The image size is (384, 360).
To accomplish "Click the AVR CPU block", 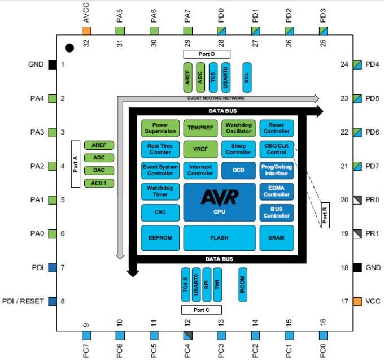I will click(220, 202).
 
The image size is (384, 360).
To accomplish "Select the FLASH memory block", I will click(220, 238).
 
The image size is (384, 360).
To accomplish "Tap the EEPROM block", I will click(160, 238).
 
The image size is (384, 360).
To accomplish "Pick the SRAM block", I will click(276, 238).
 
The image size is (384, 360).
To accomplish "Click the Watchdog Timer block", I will click(160, 191).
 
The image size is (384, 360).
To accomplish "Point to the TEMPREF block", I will click(200, 128).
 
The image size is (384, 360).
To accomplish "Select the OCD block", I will click(238, 170).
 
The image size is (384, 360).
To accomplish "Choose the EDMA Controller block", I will click(276, 191).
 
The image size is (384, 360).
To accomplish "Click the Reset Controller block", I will click(276, 128).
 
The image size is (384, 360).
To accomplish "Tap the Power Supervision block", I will click(160, 128).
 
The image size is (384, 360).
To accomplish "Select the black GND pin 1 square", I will click(52, 64).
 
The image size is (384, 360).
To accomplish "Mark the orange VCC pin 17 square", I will click(357, 301).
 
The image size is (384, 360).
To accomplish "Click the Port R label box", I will click(325, 214).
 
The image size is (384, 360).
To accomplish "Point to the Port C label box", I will click(201, 310).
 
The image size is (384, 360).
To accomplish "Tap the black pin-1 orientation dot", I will click(69, 49).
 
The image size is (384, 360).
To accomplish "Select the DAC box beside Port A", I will click(99, 170).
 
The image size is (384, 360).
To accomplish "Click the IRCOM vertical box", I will click(243, 284).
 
